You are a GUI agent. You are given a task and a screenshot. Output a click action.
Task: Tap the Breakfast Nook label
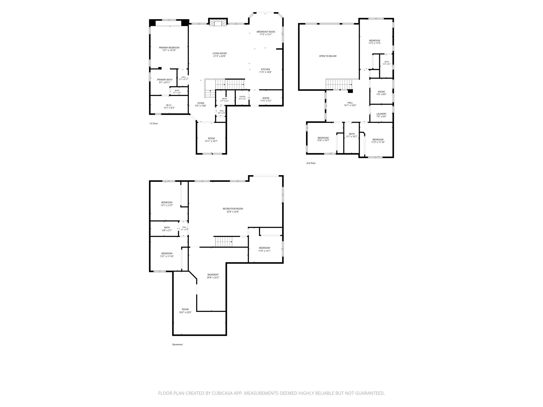pos(266,32)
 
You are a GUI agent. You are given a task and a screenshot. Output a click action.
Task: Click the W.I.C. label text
pos(169,105)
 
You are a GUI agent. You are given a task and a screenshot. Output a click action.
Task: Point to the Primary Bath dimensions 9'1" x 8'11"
pos(165,82)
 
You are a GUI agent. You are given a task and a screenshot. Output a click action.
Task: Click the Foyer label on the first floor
pos(201,103)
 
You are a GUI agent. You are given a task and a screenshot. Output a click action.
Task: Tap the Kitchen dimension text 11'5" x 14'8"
pos(265,72)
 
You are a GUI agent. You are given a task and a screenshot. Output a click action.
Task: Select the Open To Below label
pos(328,56)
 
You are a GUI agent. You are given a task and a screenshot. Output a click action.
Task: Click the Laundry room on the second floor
pos(381,113)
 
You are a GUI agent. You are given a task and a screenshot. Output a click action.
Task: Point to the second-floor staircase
pos(339,85)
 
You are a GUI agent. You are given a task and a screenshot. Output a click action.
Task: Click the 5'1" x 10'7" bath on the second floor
pos(352,138)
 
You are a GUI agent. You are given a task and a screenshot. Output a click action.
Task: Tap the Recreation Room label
pos(233,209)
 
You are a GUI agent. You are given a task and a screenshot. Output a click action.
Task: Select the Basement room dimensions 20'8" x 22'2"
pos(213,277)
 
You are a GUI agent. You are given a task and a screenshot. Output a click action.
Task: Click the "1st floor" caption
pos(154,123)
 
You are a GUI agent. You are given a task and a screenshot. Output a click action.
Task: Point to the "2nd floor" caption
pos(311,163)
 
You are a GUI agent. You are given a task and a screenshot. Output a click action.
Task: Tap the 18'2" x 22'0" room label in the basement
pos(185,312)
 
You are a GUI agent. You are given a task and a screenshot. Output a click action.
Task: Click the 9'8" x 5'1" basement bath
pos(164,229)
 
